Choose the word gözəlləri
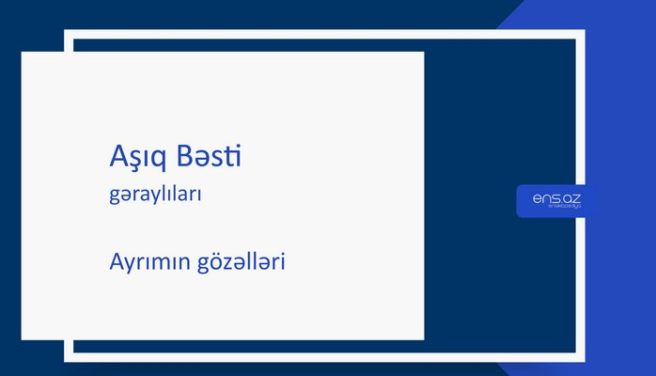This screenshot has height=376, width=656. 240,262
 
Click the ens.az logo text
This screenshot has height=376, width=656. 555,198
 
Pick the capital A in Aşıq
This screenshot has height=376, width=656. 117,157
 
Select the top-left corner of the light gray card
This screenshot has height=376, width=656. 23,53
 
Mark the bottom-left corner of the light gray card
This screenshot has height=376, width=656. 23,338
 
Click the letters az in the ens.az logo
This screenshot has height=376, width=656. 570,198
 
